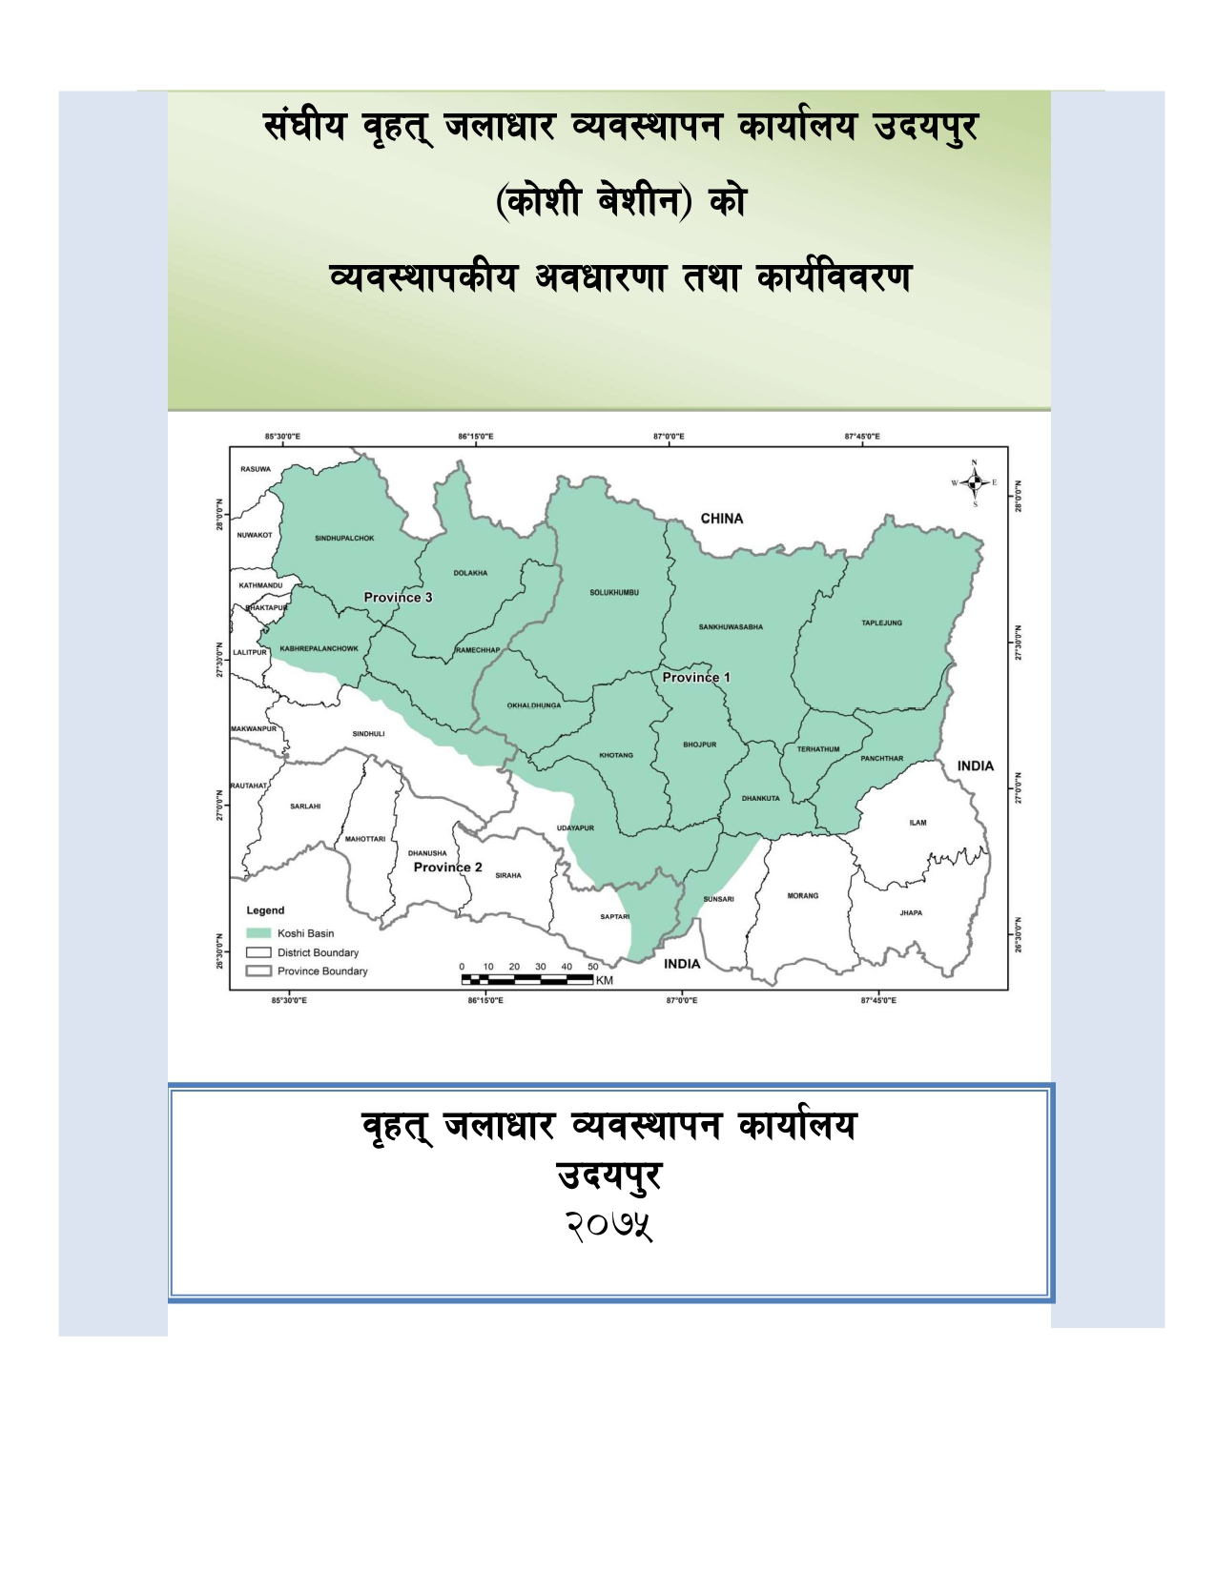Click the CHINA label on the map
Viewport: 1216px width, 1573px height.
click(721, 519)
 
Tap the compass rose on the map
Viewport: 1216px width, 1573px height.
click(974, 483)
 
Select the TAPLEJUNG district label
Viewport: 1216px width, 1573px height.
click(881, 623)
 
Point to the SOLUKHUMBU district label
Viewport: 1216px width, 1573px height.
click(614, 593)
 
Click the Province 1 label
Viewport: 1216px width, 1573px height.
click(696, 678)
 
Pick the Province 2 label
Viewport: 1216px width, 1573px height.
click(447, 868)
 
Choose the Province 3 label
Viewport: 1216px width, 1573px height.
click(398, 598)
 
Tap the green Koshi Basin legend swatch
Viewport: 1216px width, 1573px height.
click(258, 933)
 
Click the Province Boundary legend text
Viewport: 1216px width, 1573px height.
click(322, 971)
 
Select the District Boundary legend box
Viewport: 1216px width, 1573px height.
click(258, 952)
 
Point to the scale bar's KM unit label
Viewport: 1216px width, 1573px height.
click(605, 980)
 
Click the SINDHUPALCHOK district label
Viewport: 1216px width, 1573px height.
click(344, 539)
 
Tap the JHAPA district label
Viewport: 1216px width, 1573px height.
click(911, 913)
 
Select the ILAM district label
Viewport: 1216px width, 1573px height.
click(917, 823)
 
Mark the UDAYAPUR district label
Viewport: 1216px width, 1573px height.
click(575, 828)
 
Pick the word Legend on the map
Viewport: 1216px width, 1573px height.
click(265, 910)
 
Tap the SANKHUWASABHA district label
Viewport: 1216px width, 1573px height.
click(731, 627)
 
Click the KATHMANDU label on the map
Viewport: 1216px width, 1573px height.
click(260, 585)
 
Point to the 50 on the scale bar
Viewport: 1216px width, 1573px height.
click(592, 967)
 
